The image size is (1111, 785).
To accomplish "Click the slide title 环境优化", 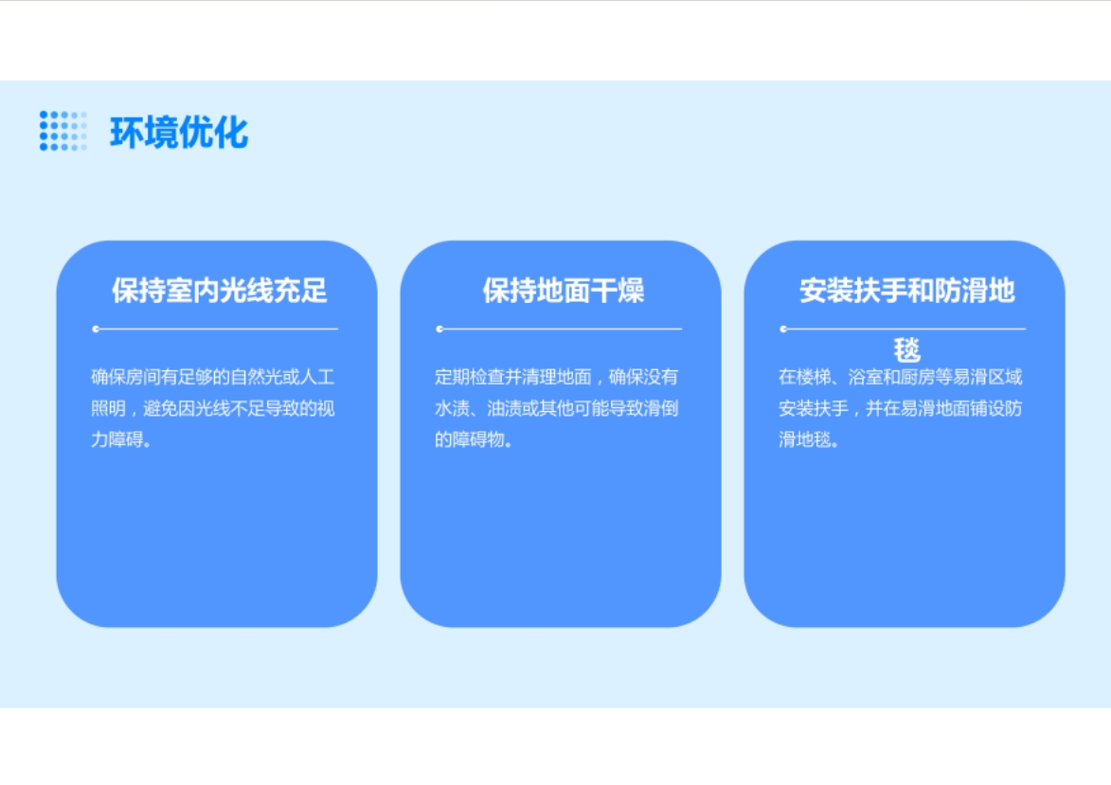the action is click(x=179, y=133).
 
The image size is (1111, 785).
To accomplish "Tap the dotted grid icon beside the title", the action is click(x=63, y=131).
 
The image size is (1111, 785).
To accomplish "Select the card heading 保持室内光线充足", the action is click(x=219, y=291).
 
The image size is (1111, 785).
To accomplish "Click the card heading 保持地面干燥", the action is click(x=564, y=291).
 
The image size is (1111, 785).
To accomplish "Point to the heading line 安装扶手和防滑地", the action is click(x=907, y=291).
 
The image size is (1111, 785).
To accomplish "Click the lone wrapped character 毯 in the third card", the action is click(x=907, y=350).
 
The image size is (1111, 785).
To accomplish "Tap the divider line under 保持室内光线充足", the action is click(x=215, y=329).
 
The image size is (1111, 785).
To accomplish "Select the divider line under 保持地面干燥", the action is click(x=559, y=329).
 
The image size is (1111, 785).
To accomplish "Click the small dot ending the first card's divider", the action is click(x=96, y=329).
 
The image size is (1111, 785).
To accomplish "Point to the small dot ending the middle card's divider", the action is click(x=439, y=329).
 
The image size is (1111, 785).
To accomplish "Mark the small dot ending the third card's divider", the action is click(x=783, y=329).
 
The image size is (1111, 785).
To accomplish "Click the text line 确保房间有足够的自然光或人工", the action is click(x=212, y=377).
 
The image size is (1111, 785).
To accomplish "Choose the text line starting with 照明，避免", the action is click(x=212, y=408).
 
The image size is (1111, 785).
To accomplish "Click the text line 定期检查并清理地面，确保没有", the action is click(x=556, y=377).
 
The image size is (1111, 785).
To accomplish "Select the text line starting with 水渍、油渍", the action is click(x=556, y=408).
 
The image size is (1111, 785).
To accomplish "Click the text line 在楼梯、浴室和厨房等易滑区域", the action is click(x=901, y=377).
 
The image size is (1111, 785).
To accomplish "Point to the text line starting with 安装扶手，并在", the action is click(x=901, y=408).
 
